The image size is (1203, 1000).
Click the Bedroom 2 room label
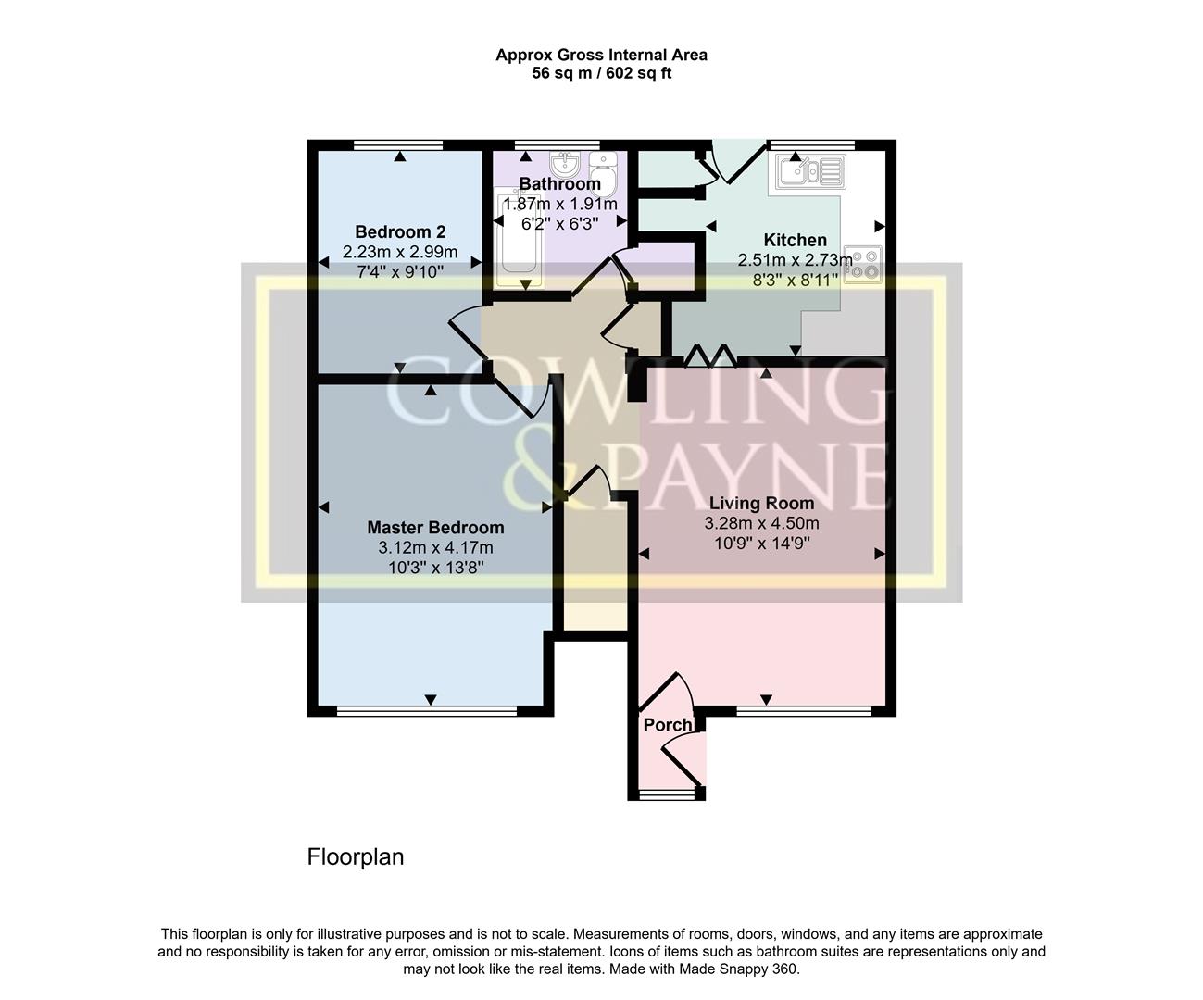[x=400, y=231]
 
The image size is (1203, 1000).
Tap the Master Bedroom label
[x=435, y=527]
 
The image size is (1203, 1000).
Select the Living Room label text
[x=761, y=503]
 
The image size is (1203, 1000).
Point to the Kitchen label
[x=796, y=240]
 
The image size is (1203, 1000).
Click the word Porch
[x=668, y=725]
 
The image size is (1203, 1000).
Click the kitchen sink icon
[x=810, y=171]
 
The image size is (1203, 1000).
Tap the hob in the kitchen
[x=862, y=265]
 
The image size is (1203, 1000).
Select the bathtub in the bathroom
[x=519, y=237]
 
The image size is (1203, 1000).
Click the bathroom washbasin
[x=565, y=165]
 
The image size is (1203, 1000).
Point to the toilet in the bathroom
[x=603, y=174]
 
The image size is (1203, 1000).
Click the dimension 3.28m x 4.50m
[x=761, y=523]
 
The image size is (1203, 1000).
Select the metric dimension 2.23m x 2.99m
[x=400, y=252]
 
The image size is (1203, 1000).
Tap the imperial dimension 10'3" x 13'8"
[x=435, y=568]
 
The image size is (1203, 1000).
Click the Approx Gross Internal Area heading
[x=602, y=55]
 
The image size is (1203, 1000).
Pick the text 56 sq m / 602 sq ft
[x=602, y=73]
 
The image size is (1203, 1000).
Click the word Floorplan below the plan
[x=356, y=856]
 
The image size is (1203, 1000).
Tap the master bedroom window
[x=427, y=711]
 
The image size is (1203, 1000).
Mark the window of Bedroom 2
[x=398, y=145]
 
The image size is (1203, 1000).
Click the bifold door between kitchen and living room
[x=709, y=356]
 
